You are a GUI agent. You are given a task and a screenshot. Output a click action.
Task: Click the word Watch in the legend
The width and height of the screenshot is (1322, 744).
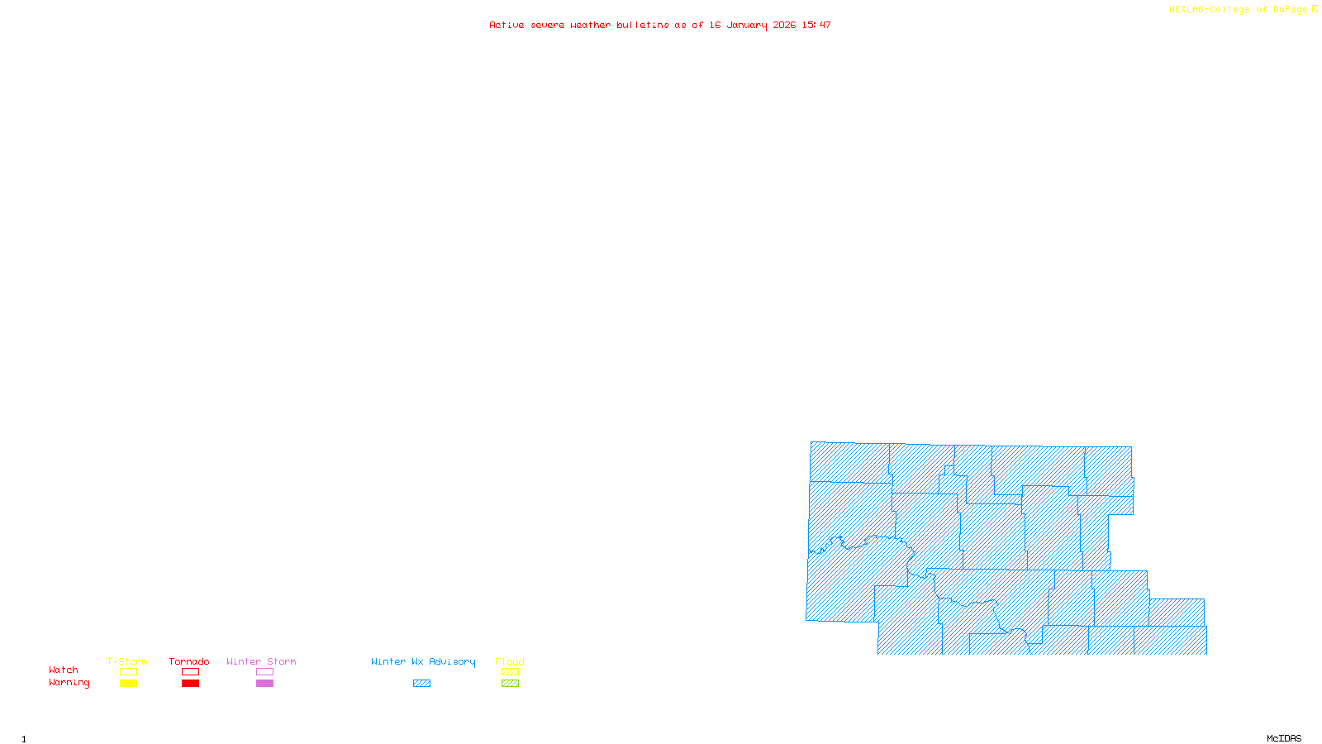coord(64,670)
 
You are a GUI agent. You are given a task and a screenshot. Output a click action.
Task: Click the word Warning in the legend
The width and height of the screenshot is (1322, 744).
coord(69,683)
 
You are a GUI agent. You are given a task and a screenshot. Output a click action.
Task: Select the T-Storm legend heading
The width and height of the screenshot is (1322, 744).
coord(127,661)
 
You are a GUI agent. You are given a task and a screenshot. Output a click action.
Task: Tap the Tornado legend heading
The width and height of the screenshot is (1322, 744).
coord(189,661)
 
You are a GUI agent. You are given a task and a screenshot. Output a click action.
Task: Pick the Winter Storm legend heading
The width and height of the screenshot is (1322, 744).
coord(261,661)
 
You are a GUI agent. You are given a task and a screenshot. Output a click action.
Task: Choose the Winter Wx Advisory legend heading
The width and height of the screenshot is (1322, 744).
coord(423,661)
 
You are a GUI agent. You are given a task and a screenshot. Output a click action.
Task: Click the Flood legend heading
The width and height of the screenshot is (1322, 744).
coord(510,661)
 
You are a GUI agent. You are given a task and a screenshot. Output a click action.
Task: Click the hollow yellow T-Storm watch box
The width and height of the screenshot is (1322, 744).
coord(128,672)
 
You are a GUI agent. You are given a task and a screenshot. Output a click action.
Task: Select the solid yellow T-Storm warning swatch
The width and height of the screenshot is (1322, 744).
coord(128,684)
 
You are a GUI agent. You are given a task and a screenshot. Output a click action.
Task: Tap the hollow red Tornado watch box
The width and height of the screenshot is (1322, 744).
coord(191,672)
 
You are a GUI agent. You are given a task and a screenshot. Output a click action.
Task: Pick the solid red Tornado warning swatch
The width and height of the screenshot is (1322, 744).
coord(191,684)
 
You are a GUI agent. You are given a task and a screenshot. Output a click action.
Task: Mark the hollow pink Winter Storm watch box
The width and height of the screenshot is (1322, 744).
coord(264,672)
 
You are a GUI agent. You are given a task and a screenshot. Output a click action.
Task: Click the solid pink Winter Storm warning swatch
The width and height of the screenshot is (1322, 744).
coord(264,684)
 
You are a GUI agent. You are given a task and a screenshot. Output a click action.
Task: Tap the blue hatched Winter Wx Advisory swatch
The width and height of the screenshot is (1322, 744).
coord(421,684)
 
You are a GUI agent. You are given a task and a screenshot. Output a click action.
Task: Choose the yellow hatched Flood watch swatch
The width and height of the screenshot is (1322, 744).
coord(511,672)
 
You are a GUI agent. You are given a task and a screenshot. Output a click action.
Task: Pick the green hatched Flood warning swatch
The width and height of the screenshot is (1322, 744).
coord(511,684)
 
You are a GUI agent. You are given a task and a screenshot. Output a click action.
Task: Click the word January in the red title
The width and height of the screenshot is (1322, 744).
coord(746,25)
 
